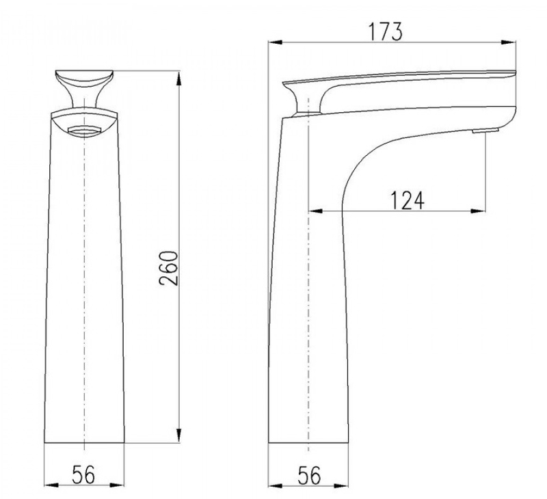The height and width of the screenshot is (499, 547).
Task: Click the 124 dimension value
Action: coord(407,200)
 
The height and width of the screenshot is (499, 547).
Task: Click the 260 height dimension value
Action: coord(168,268)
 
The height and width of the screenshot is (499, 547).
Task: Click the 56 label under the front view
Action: coord(83,474)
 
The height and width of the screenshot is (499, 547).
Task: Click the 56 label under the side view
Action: coord(309,475)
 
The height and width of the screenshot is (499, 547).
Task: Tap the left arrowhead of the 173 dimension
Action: coord(276,42)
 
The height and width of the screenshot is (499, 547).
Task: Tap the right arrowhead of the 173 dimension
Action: coord(509,42)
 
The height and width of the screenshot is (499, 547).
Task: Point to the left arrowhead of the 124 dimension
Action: coord(315,211)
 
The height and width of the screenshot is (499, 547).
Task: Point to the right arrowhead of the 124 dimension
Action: coord(478,211)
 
